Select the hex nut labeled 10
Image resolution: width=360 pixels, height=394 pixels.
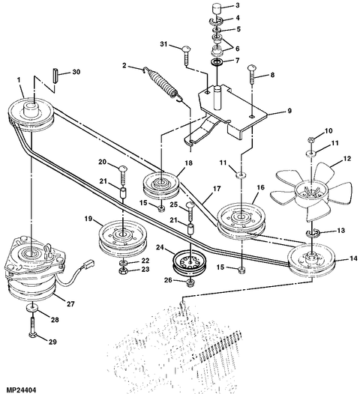point(310,139)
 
